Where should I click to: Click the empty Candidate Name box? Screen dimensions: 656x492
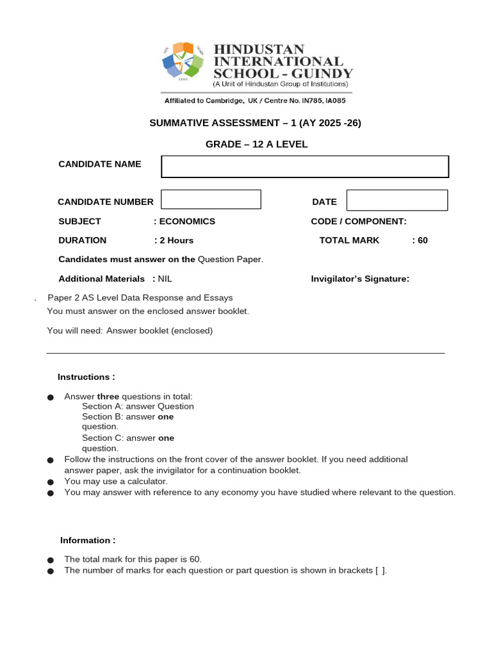click(x=305, y=167)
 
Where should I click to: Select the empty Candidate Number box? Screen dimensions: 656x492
click(x=211, y=199)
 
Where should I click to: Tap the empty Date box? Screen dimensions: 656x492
click(x=397, y=200)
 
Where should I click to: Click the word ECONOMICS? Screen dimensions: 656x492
click(x=187, y=221)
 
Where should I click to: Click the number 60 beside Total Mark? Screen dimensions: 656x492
click(x=422, y=240)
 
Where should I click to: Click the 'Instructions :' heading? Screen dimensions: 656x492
click(x=86, y=377)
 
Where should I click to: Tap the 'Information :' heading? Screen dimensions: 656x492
click(x=88, y=540)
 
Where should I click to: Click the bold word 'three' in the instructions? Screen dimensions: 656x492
click(x=108, y=397)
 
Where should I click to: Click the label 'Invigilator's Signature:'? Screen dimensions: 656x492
click(x=360, y=279)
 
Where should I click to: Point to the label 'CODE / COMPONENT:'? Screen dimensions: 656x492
click(x=359, y=221)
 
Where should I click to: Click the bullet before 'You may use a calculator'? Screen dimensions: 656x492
click(x=51, y=482)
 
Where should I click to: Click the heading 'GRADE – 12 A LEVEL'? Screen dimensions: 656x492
click(x=256, y=144)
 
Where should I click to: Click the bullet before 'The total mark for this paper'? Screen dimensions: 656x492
click(x=51, y=560)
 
